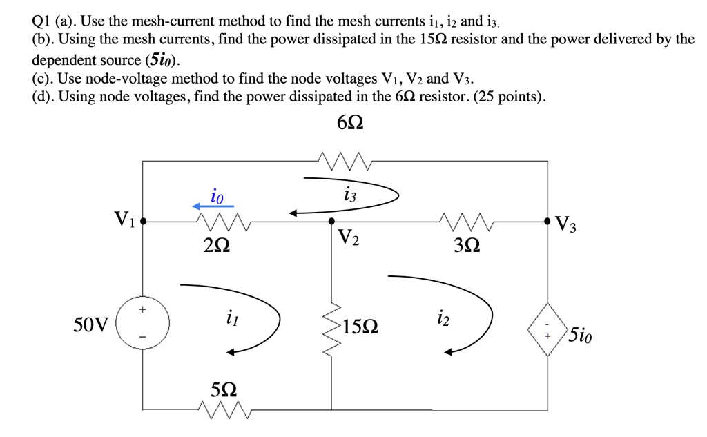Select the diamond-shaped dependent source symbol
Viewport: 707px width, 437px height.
tap(548, 329)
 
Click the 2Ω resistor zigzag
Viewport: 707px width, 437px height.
tap(222, 222)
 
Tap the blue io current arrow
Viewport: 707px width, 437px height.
tap(213, 206)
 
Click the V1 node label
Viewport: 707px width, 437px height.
tap(126, 221)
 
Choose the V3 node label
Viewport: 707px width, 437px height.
tap(563, 225)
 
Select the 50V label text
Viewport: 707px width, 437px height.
tap(90, 324)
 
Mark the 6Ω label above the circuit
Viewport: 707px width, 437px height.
tap(350, 124)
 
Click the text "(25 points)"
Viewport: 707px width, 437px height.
tap(505, 97)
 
